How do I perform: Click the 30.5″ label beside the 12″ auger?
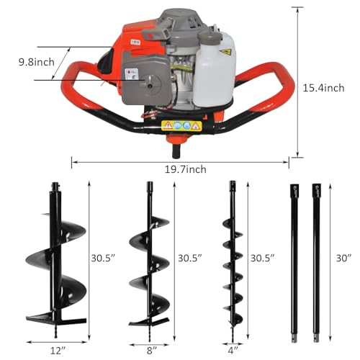click(104, 257)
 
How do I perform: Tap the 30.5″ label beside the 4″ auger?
click(261, 257)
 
